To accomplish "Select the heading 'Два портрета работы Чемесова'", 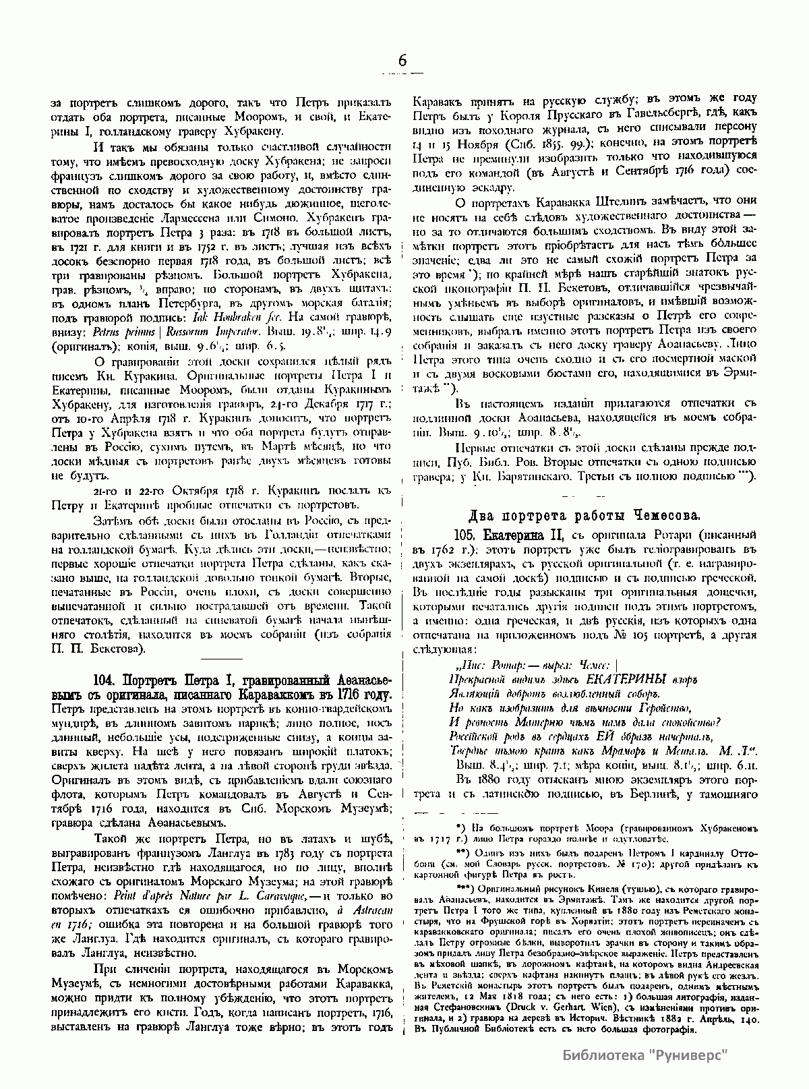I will coord(585,516).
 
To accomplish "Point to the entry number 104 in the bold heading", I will coord(103,679).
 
